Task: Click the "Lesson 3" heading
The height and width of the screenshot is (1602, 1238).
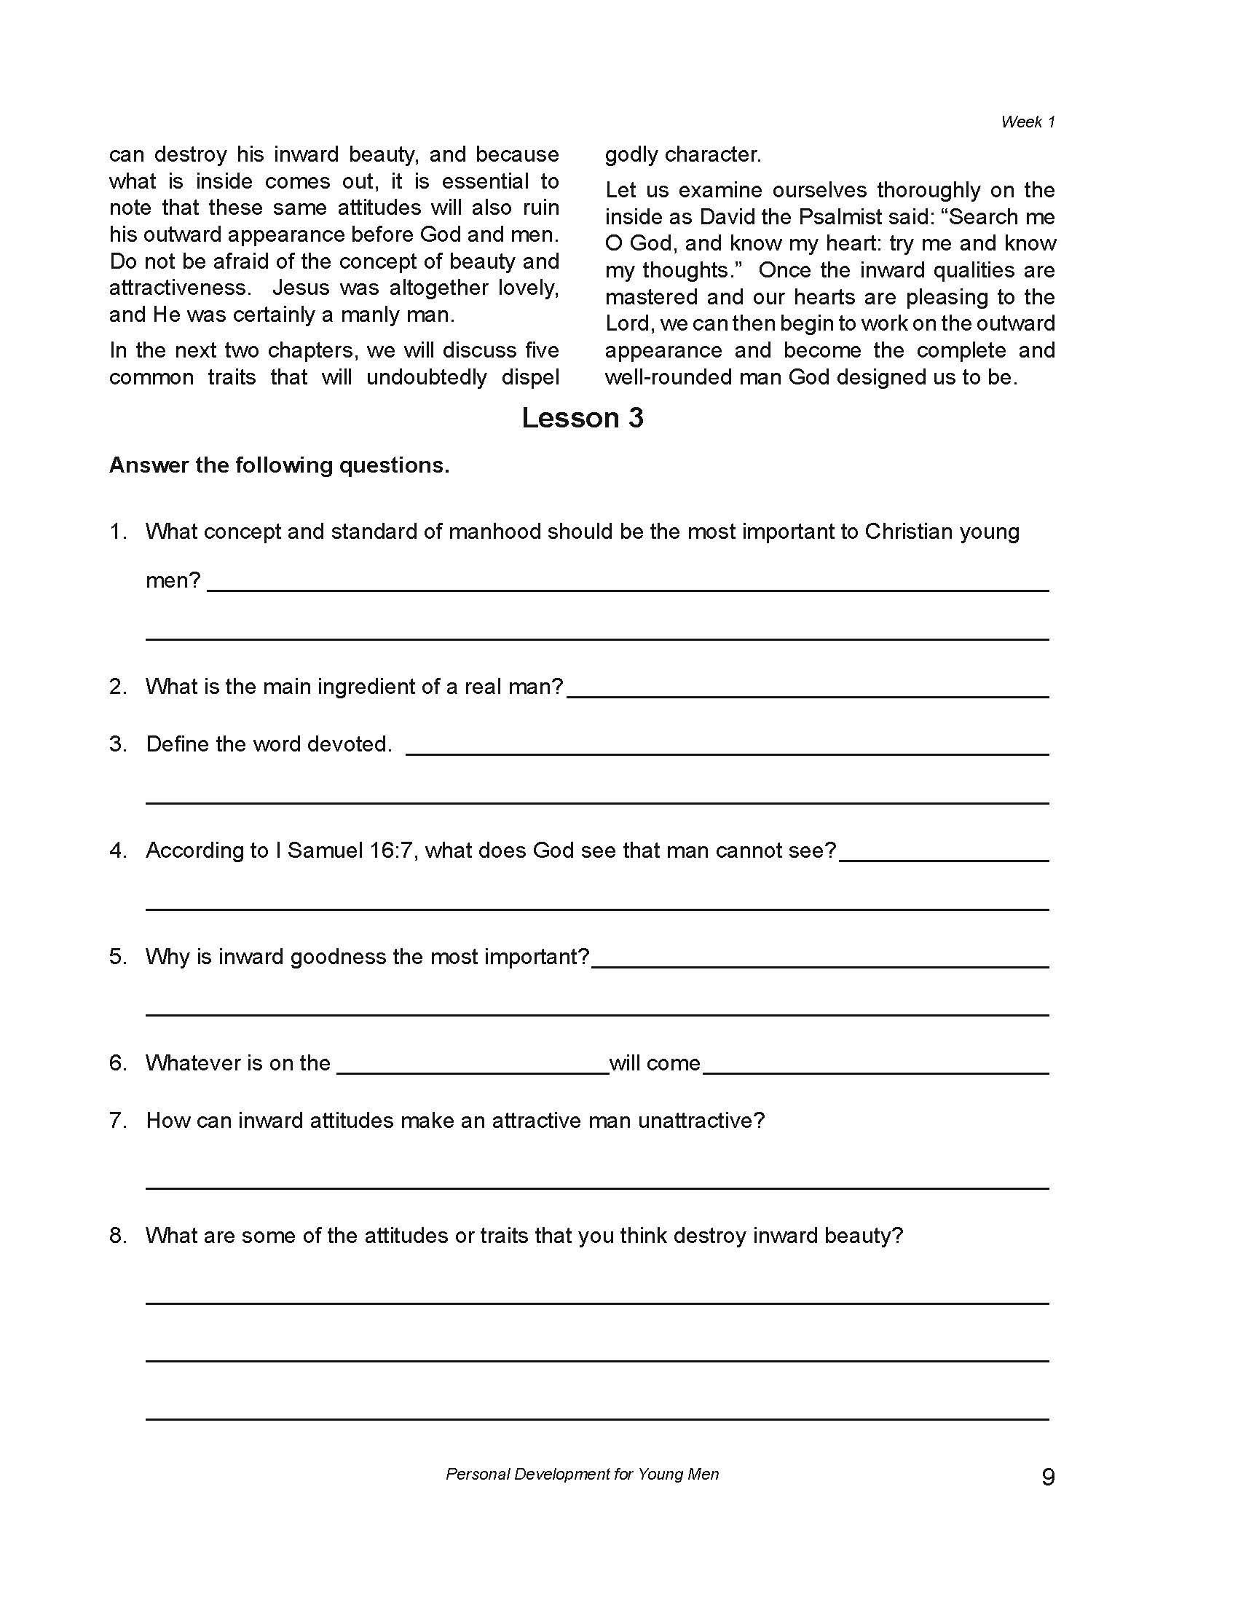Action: [583, 418]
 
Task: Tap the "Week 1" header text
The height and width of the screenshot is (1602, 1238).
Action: [1028, 122]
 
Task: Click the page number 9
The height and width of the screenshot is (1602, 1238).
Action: [1048, 1476]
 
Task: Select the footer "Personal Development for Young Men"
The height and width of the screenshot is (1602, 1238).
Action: [583, 1474]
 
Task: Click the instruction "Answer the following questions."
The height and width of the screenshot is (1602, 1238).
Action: [279, 465]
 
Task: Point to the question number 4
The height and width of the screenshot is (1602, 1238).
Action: [117, 850]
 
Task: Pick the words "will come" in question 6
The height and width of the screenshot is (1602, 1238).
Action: [654, 1063]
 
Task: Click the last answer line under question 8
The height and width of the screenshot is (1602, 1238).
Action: [597, 1418]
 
